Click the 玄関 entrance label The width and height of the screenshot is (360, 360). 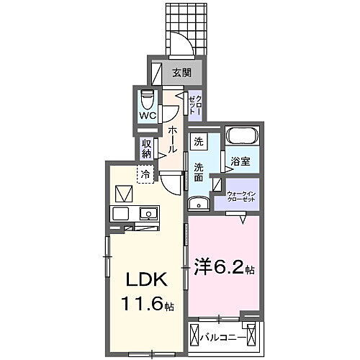(x=181, y=73)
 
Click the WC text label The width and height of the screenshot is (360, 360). (x=147, y=115)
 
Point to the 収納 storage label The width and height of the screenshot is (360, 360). (x=147, y=148)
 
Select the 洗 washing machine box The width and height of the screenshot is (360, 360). (x=198, y=142)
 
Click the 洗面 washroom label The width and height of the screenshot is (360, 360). (x=199, y=173)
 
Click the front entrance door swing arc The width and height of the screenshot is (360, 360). (x=186, y=45)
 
